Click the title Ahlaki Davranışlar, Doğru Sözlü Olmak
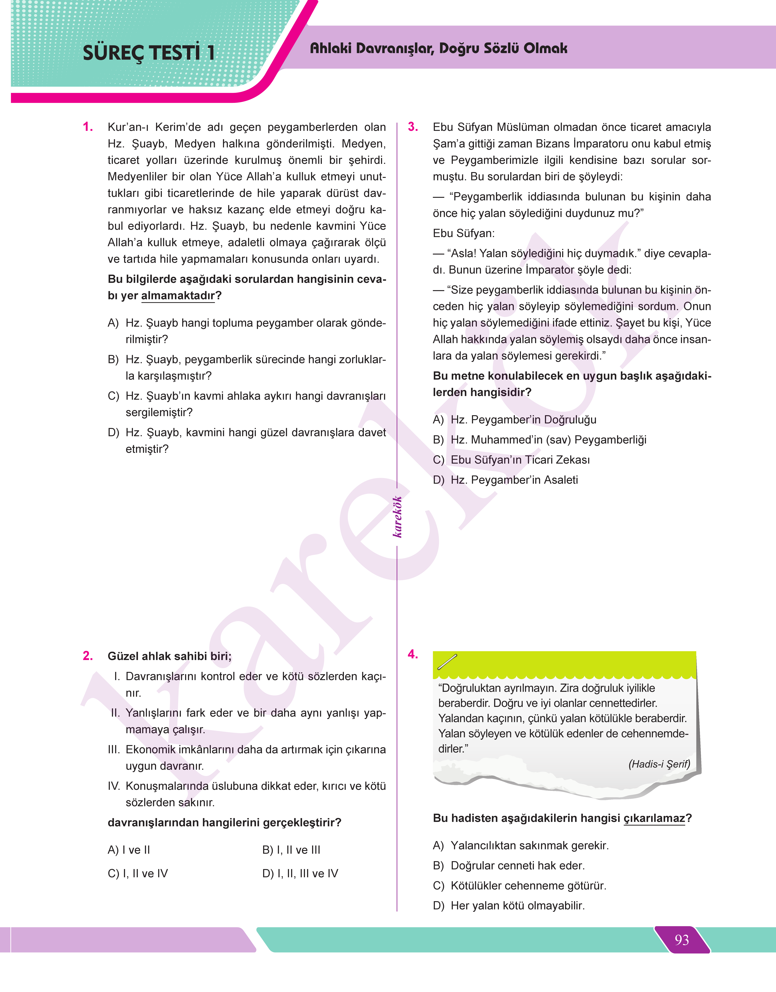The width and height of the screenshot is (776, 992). point(438,48)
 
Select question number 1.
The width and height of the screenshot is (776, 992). point(88,127)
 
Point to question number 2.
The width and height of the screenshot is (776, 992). point(88,656)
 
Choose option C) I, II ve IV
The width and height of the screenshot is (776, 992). point(138,873)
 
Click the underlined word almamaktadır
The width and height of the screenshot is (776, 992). point(178,296)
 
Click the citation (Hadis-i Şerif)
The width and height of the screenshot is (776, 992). point(659,764)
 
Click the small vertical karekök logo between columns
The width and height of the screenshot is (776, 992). point(397,517)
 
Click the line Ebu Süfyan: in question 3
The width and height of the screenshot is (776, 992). point(463,233)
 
